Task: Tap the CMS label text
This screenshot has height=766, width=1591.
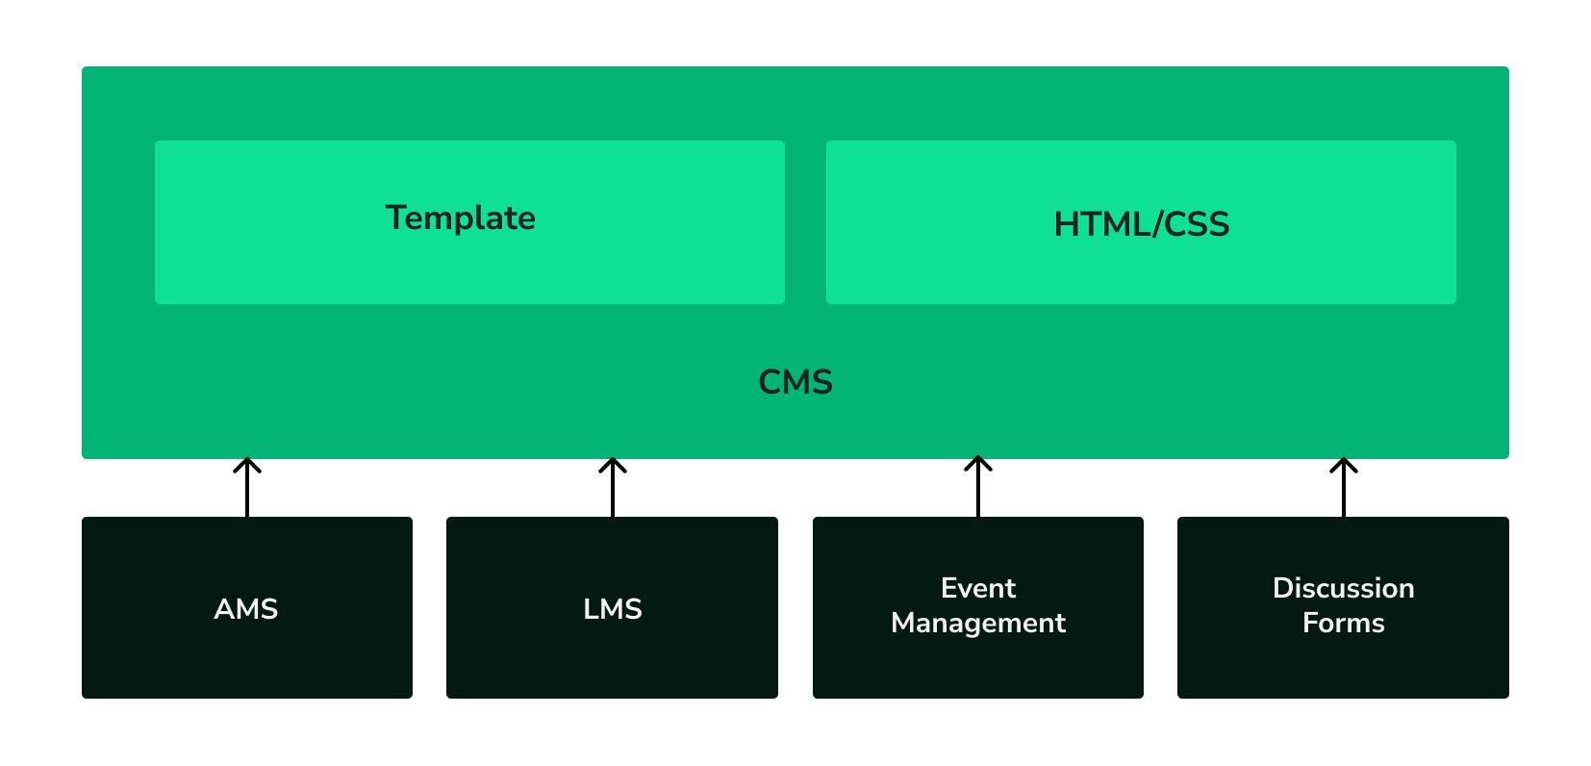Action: pos(795,382)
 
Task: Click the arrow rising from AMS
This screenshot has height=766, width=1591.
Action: pos(247,491)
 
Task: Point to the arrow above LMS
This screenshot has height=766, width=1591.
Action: pos(613,491)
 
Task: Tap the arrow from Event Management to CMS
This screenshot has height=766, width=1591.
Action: pos(978,491)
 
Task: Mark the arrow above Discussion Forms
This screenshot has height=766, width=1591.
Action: pos(1344,491)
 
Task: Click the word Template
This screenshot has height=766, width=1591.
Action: pos(461,217)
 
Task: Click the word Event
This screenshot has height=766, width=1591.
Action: pos(978,588)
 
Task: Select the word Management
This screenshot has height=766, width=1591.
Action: pos(978,623)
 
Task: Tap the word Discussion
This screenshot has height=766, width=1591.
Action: pos(1343,588)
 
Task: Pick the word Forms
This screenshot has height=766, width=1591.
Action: pos(1343,623)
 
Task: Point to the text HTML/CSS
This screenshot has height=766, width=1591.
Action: pos(1141,224)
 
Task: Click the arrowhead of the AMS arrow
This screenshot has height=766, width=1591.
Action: pos(247,464)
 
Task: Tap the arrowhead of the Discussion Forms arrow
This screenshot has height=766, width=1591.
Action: pos(1344,464)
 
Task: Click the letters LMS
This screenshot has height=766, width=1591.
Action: pos(612,609)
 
